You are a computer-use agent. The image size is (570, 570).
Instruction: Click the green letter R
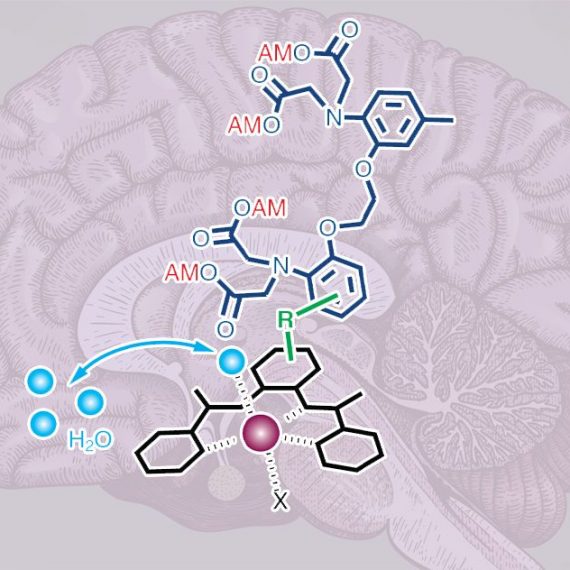tap(285, 320)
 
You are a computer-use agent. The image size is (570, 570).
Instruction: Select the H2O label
tap(90, 441)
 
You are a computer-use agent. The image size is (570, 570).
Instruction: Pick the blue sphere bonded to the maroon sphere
tap(231, 361)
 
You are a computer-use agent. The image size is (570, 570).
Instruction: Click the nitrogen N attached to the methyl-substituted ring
tap(334, 117)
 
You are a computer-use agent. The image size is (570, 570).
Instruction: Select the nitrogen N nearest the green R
tap(281, 266)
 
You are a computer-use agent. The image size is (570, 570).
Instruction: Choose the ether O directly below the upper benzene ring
tap(363, 169)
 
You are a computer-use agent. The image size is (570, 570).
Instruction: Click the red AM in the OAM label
tap(269, 208)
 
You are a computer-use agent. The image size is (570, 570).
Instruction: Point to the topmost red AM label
tap(275, 54)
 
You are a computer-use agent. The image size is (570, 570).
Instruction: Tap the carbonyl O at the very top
tap(350, 30)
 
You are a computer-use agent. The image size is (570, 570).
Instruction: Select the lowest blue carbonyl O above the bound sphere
tap(225, 329)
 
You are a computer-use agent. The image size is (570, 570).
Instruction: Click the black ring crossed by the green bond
tap(287, 370)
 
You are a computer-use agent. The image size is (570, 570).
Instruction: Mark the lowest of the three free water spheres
tap(43, 424)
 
